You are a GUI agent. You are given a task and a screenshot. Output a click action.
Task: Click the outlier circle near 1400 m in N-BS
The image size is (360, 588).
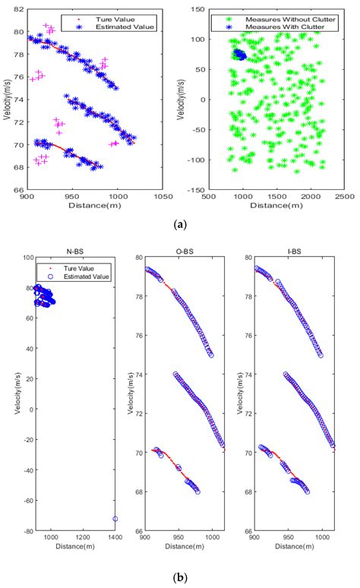point(115,519)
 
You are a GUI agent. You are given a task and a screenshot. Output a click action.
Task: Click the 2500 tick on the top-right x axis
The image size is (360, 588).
point(345,196)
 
